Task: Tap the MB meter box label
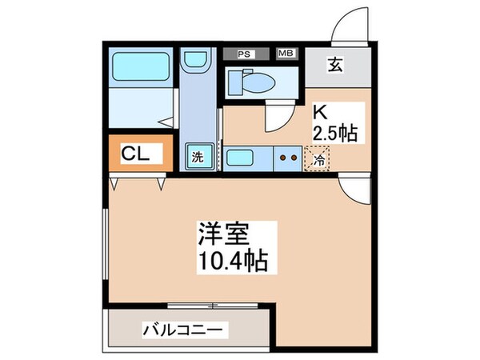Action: [x=286, y=54]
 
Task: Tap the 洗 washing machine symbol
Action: [x=197, y=158]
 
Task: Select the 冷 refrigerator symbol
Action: [x=319, y=159]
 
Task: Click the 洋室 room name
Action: [x=225, y=235]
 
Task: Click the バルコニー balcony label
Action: [x=186, y=329]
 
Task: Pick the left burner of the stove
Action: [x=283, y=158]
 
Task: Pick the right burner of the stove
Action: [x=295, y=158]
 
